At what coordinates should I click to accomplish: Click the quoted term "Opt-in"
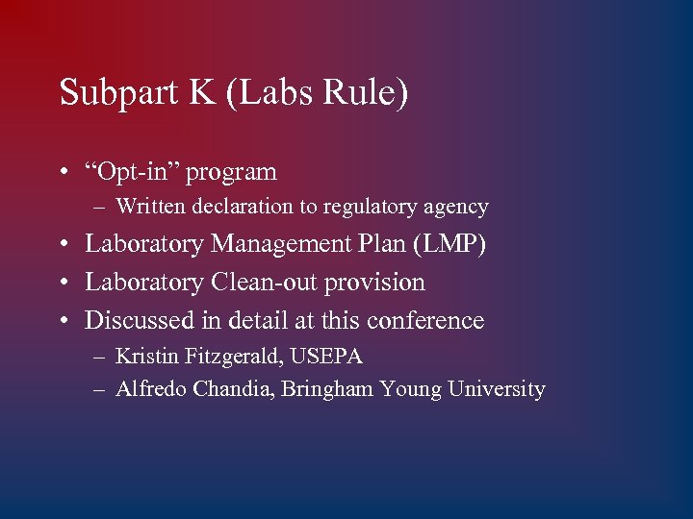coord(133,172)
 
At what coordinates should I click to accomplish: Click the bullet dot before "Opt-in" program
coord(62,174)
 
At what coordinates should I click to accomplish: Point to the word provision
coord(380,284)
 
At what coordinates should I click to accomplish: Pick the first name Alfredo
coord(149,389)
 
